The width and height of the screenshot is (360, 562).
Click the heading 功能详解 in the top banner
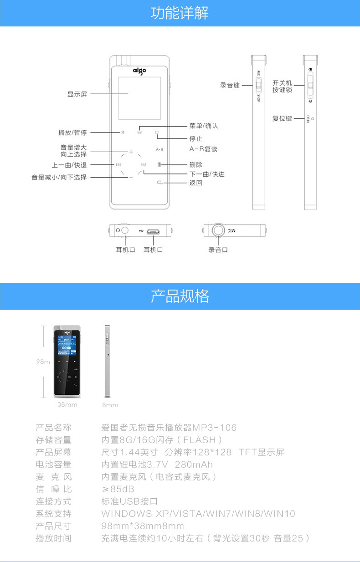180,13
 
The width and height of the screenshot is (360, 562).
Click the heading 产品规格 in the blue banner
180,296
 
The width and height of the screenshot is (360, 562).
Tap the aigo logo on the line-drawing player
139,70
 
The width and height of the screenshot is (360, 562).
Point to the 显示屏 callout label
77,94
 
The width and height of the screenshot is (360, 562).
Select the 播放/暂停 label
72,133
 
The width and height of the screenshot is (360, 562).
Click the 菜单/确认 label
204,126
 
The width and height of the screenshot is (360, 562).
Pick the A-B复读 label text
203,149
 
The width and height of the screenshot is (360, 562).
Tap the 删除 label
196,164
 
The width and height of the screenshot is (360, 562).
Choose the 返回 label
196,183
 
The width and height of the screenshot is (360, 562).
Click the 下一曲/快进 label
207,174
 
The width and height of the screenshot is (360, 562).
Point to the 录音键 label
230,85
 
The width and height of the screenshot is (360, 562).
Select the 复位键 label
282,118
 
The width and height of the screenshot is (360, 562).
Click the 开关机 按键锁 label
282,87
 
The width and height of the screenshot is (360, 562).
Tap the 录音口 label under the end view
218,250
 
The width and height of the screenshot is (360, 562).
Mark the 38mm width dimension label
67,404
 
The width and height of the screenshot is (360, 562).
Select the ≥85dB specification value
118,489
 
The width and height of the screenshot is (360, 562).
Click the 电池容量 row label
54,465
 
